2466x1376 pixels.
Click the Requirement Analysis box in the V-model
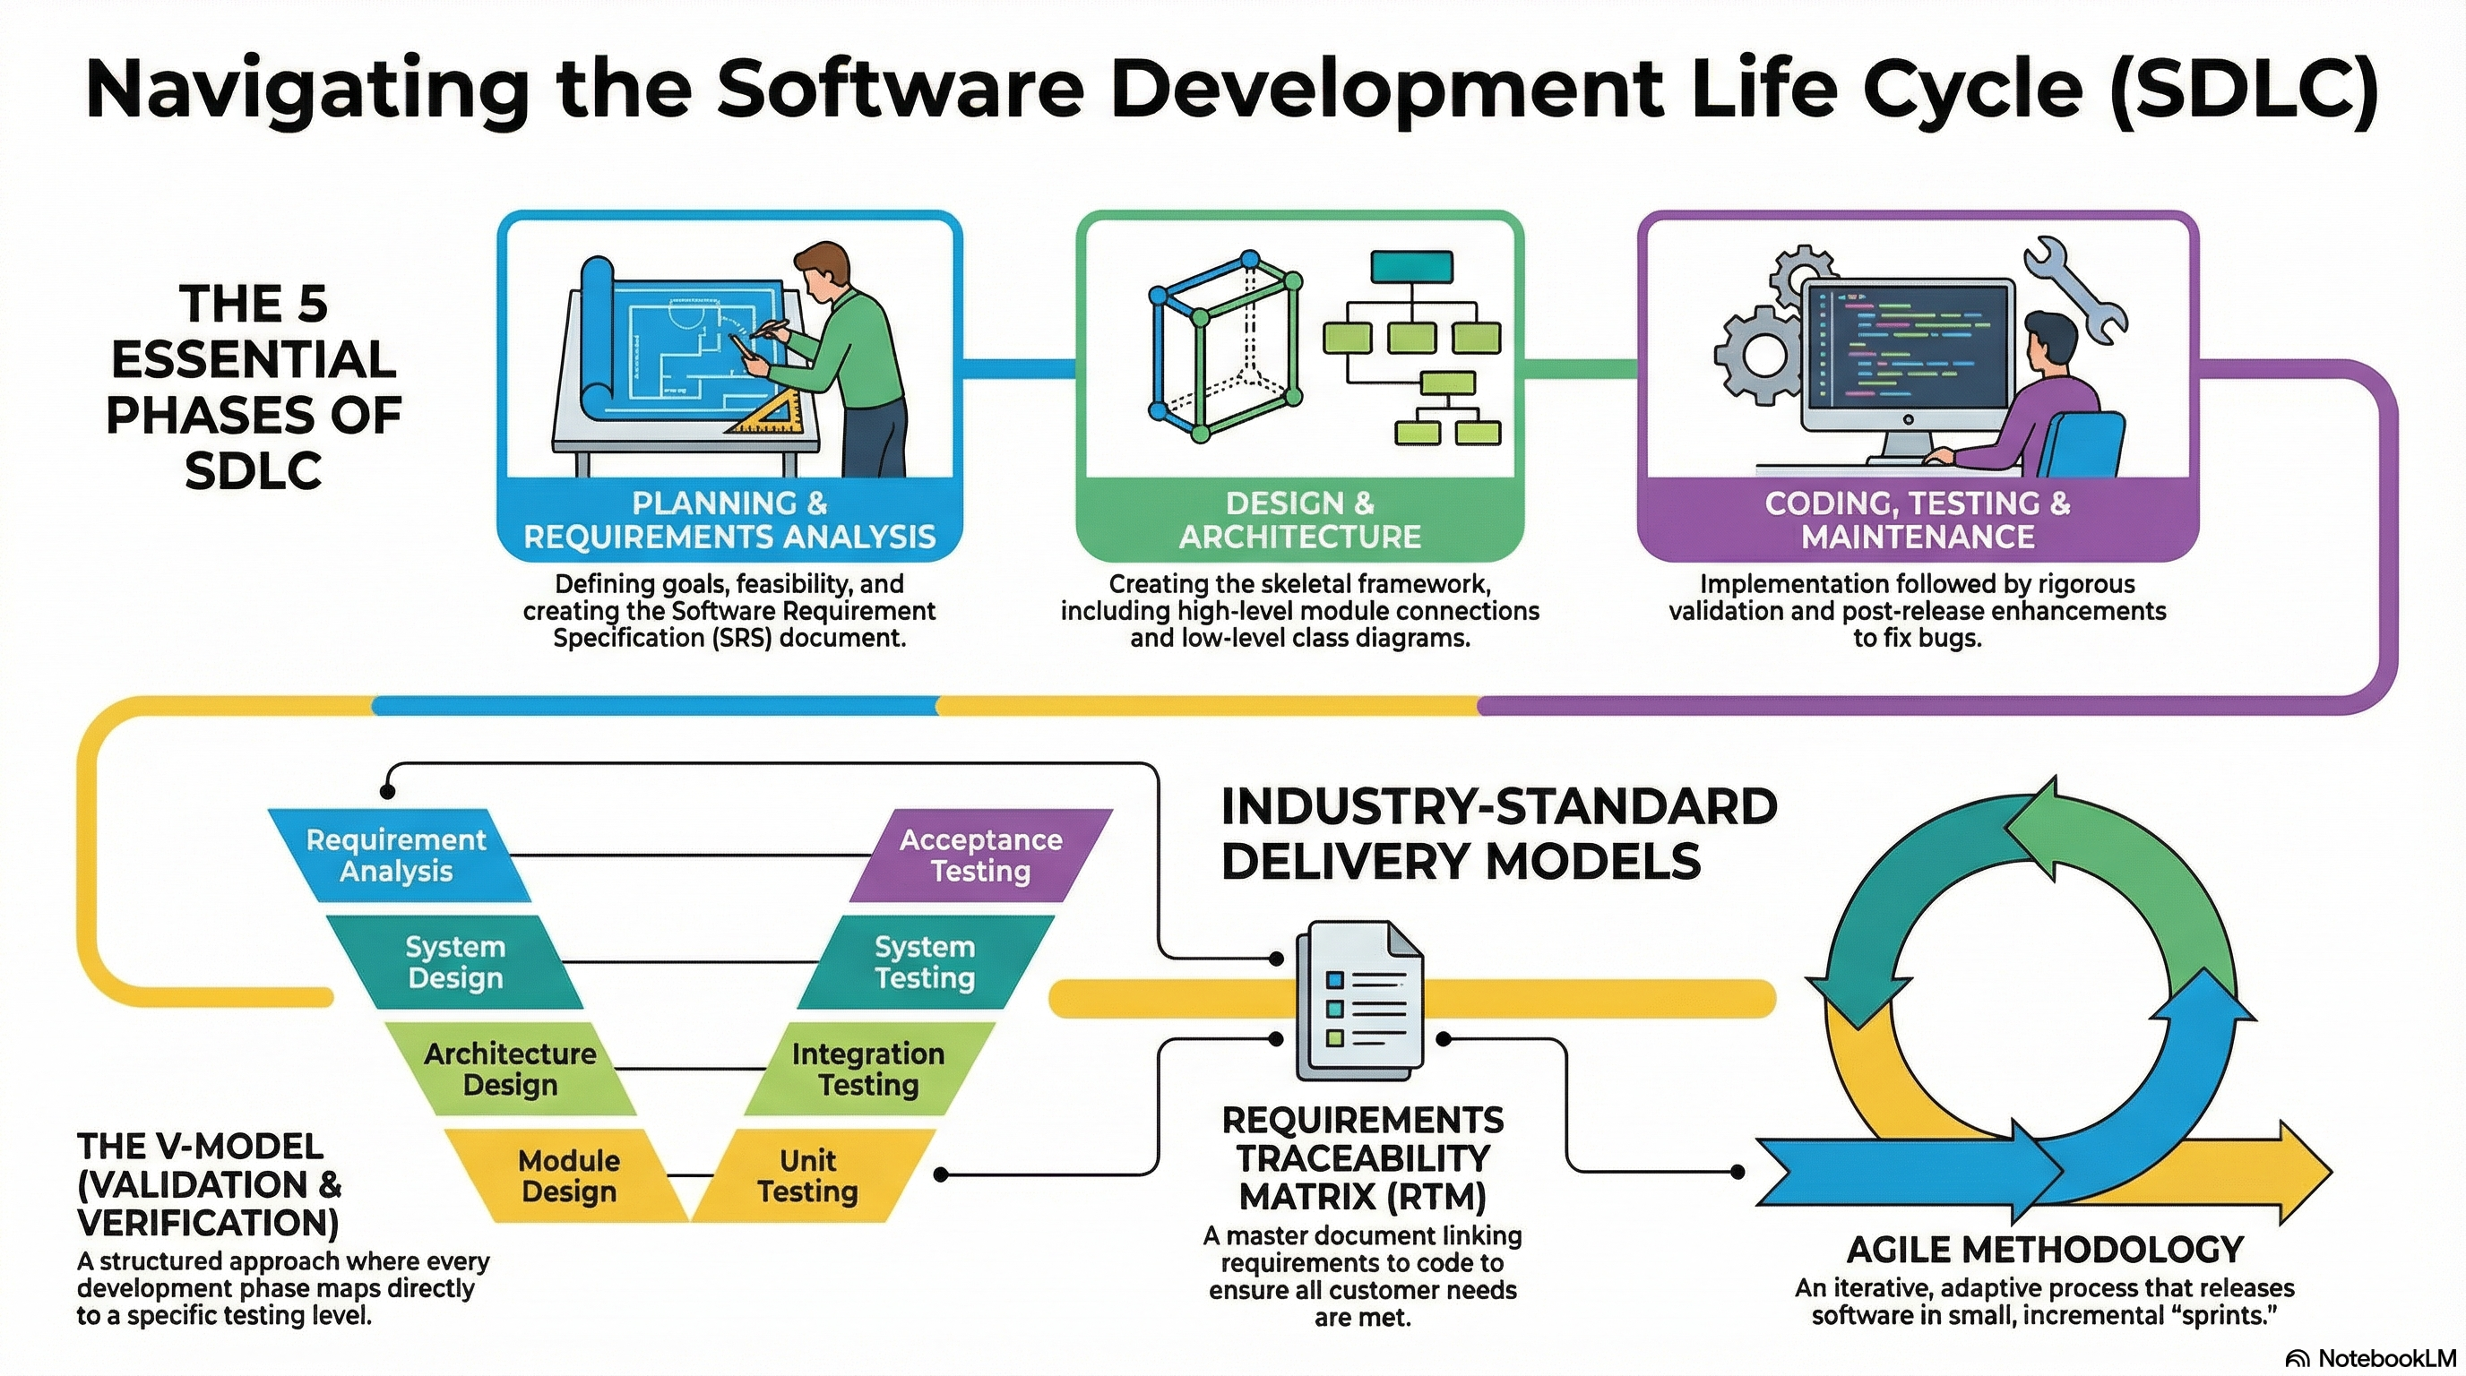[396, 856]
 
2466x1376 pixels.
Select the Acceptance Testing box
[980, 856]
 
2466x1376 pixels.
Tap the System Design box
[454, 961]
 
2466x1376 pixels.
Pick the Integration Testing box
[868, 1069]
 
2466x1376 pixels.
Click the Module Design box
[569, 1176]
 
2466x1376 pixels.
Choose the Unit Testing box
[808, 1176]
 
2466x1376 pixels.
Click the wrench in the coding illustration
[2075, 290]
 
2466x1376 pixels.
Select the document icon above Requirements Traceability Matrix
[1359, 1000]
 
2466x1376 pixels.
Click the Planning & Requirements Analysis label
[729, 520]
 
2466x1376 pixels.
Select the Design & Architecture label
[1299, 520]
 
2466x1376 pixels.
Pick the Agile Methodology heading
[2045, 1250]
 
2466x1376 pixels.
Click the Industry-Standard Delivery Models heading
[1498, 833]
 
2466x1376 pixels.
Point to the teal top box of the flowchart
[1411, 267]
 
